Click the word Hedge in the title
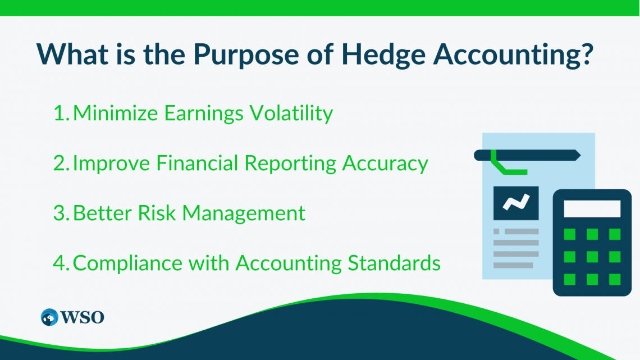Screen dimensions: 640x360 point(383,54)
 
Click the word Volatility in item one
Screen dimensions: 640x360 point(291,113)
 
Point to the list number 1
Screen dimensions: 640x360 point(61,113)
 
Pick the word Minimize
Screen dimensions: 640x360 point(116,113)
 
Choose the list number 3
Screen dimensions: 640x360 point(61,213)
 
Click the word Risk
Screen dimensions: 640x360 point(157,213)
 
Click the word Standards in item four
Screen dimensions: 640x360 point(394,263)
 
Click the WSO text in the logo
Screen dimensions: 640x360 point(83,317)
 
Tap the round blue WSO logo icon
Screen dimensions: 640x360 point(49,317)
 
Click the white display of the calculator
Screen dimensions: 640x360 point(592,208)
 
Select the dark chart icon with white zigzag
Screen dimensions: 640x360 point(516,203)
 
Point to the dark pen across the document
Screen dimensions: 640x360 point(527,155)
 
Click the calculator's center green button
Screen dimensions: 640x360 point(592,257)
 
